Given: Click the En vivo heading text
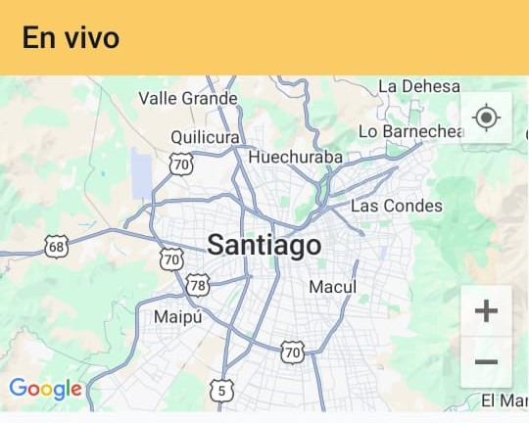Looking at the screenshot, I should click(71, 38).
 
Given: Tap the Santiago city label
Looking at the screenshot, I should click(264, 245).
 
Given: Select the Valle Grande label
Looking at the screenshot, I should click(187, 98).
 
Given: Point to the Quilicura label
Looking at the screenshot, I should click(205, 136).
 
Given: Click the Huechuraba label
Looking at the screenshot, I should click(296, 157).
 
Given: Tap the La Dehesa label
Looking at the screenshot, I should click(418, 87).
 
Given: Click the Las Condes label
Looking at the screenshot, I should click(397, 206).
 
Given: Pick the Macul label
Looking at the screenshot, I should click(332, 287).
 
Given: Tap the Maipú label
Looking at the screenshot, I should click(177, 317).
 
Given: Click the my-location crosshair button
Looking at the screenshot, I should click(486, 118).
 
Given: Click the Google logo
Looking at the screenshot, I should click(45, 389).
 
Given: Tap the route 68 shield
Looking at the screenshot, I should click(57, 246).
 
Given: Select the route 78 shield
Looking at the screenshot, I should click(198, 285).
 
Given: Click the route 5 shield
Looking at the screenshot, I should click(221, 391).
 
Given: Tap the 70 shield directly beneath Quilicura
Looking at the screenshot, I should click(180, 164).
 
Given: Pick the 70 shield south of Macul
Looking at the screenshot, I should click(292, 351).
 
